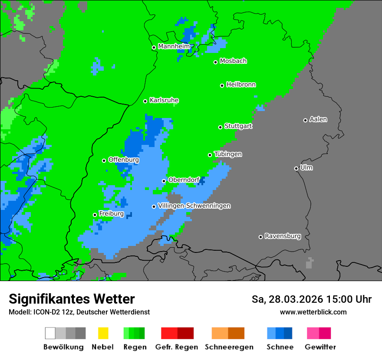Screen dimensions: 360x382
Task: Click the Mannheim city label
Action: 174,46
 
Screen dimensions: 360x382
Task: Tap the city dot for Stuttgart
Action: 220,127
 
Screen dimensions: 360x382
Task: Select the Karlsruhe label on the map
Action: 164,100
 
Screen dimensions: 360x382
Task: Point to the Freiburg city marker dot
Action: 95,215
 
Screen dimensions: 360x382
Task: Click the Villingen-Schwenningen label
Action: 194,206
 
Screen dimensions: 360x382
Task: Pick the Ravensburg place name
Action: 283,236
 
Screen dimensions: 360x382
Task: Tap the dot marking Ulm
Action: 296,168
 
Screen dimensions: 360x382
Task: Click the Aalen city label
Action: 318,119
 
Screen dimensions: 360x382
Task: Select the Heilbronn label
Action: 241,85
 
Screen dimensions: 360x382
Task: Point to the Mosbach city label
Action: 233,61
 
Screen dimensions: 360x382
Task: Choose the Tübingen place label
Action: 228,154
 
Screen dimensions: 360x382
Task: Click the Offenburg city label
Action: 123,160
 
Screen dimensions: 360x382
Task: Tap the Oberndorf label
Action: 184,180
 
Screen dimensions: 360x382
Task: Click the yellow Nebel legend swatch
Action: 103,333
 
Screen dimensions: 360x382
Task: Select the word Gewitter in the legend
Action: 320,347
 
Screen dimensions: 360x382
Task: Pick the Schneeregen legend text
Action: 228,347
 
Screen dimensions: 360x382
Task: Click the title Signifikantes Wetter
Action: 72,299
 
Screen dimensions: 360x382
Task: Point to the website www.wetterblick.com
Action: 313,312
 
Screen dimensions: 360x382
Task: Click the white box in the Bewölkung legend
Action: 50,333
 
